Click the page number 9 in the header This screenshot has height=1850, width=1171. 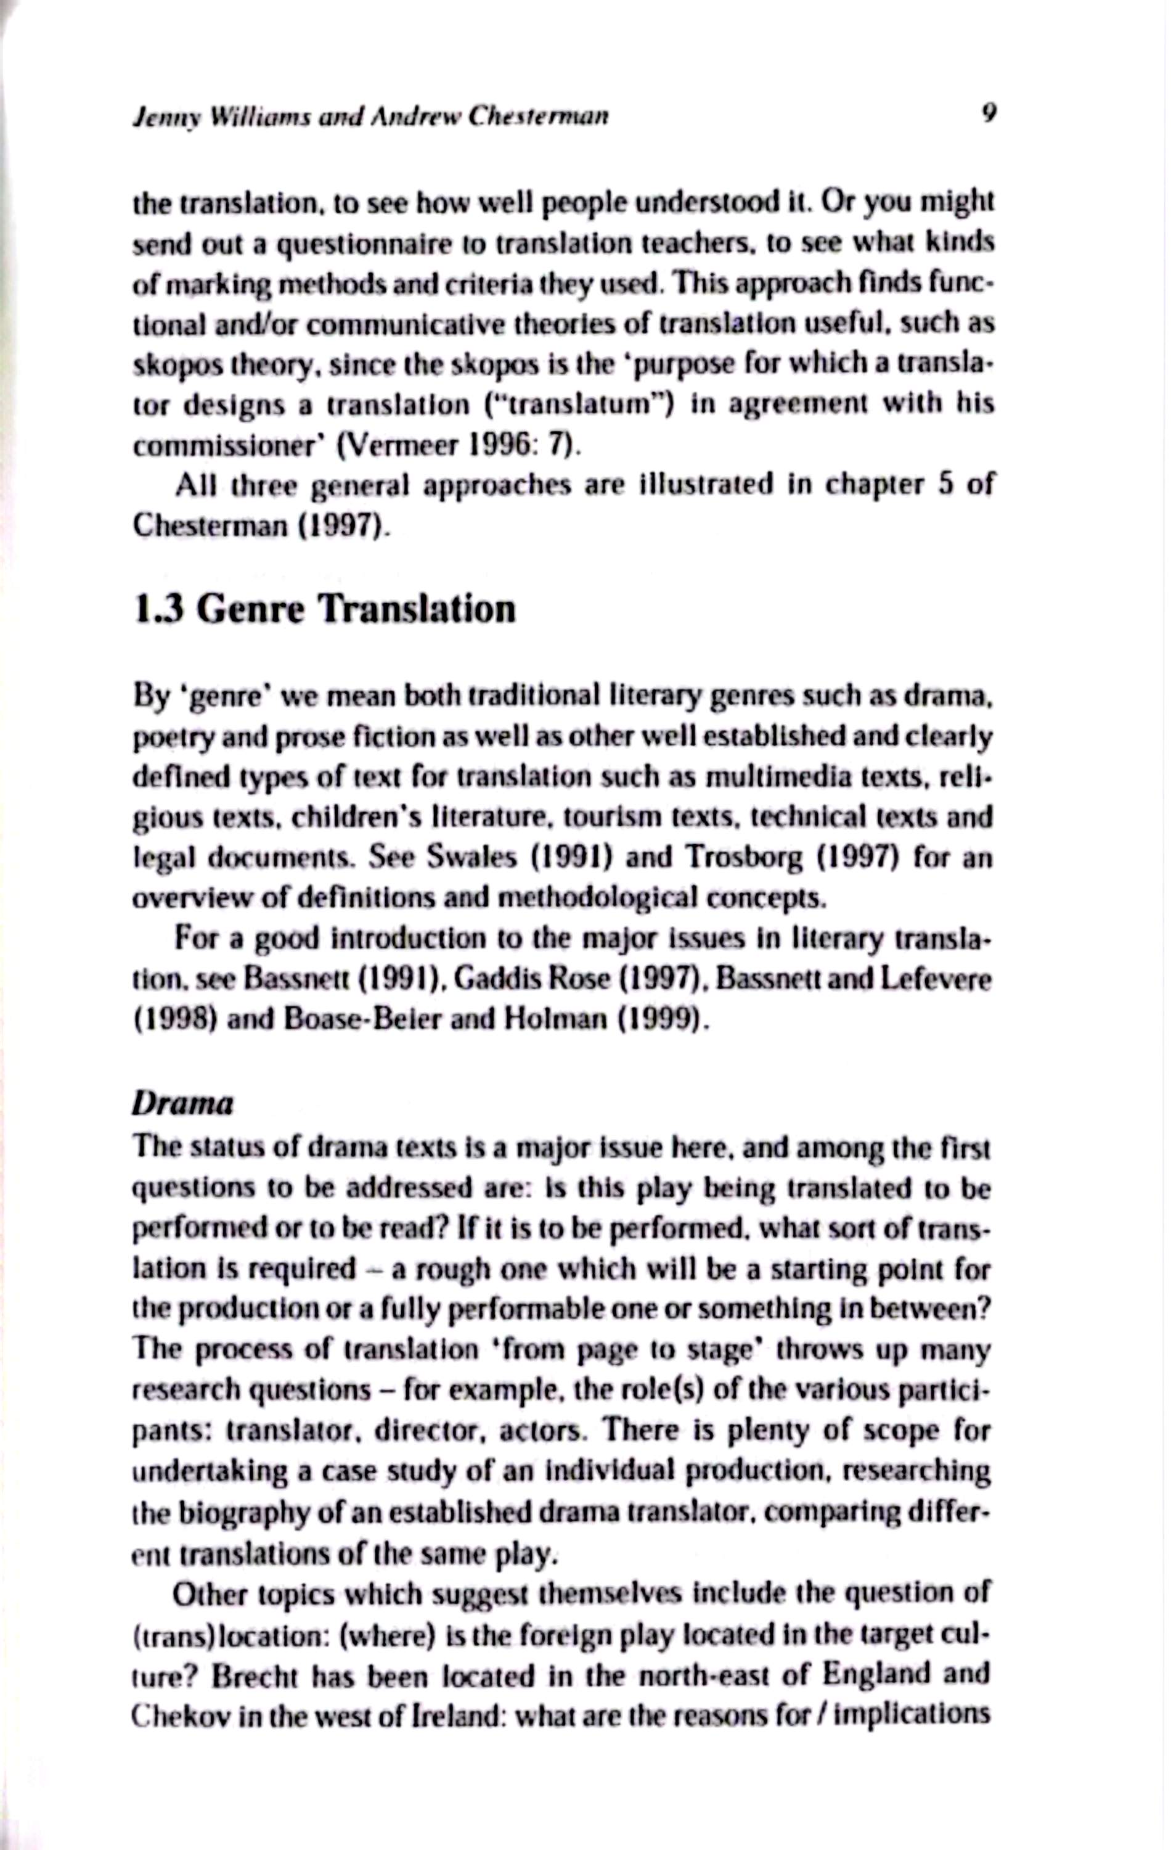988,113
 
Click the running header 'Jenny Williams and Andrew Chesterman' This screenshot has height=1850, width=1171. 371,116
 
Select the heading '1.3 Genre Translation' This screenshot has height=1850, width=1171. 324,609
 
